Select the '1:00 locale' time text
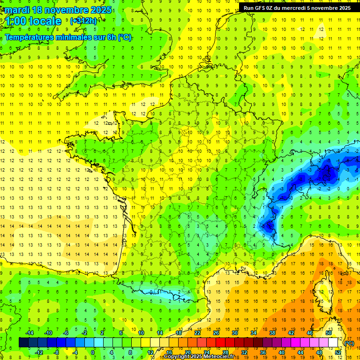pos(33,21)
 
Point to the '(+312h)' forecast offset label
pos(83,21)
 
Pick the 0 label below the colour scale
pos(92,352)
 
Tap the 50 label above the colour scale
pos(328,333)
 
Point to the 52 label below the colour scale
pos(338,352)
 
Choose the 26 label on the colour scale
pos(216,333)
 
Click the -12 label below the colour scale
pos(39,352)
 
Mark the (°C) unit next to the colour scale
pos(349,343)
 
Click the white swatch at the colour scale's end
pos(333,343)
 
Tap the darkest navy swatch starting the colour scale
pos(23,343)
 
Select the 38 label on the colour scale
pos(272,333)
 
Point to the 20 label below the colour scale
pos(187,352)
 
